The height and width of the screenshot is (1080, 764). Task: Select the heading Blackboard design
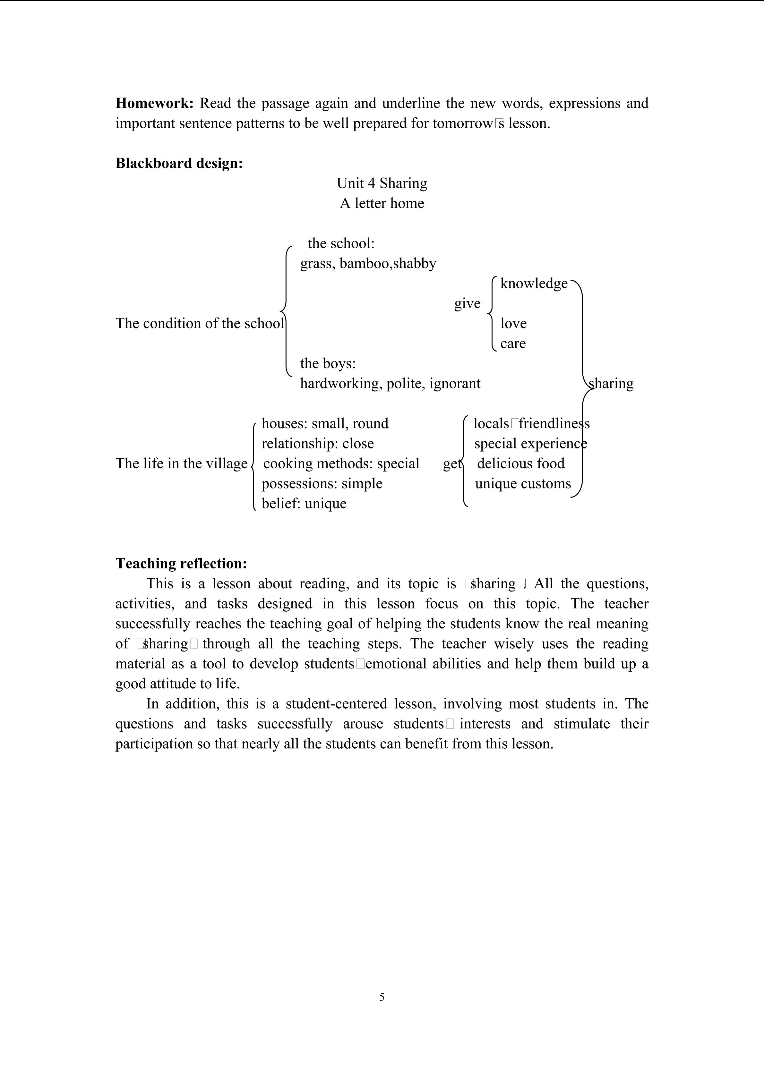pyautogui.click(x=179, y=163)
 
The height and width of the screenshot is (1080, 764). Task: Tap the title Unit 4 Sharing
pyautogui.click(x=382, y=183)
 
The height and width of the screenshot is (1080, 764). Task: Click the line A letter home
pyautogui.click(x=382, y=203)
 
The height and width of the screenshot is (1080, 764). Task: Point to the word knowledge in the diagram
pyautogui.click(x=534, y=283)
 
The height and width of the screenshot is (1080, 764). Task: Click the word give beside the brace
pyautogui.click(x=467, y=303)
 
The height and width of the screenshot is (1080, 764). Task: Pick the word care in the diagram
pyautogui.click(x=513, y=344)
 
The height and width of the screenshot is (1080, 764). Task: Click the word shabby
pyautogui.click(x=415, y=263)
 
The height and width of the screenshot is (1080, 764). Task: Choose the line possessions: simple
pyautogui.click(x=322, y=484)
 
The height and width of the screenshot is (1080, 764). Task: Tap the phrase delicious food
pyautogui.click(x=520, y=463)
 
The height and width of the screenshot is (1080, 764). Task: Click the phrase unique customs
pyautogui.click(x=523, y=484)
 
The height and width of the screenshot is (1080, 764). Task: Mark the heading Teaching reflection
pyautogui.click(x=181, y=564)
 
